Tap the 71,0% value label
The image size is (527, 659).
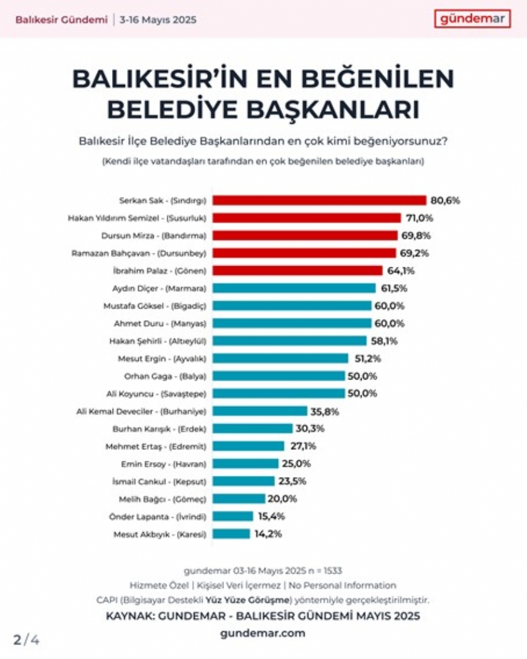tap(419, 218)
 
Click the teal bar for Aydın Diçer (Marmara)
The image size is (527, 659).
tap(294, 289)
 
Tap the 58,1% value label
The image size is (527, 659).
tap(385, 341)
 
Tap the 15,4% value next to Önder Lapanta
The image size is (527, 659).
tap(271, 517)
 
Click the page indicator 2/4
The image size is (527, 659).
tap(27, 640)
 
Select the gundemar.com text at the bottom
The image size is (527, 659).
tap(263, 633)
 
